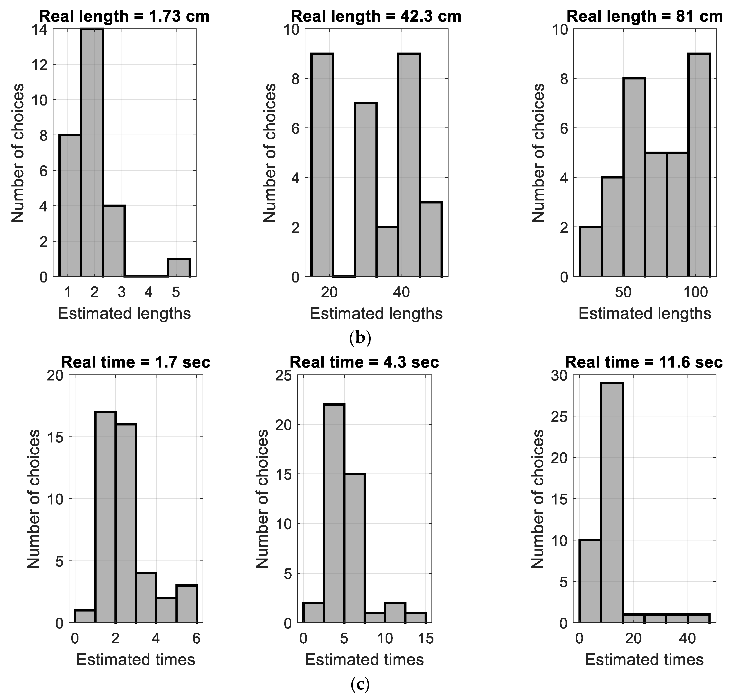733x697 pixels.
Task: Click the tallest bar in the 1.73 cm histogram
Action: tap(92, 152)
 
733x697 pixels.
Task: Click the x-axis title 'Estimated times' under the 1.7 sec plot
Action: tap(135, 660)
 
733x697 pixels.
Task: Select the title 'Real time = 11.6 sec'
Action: tap(644, 362)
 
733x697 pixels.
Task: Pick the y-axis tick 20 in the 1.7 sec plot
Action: tap(55, 376)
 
